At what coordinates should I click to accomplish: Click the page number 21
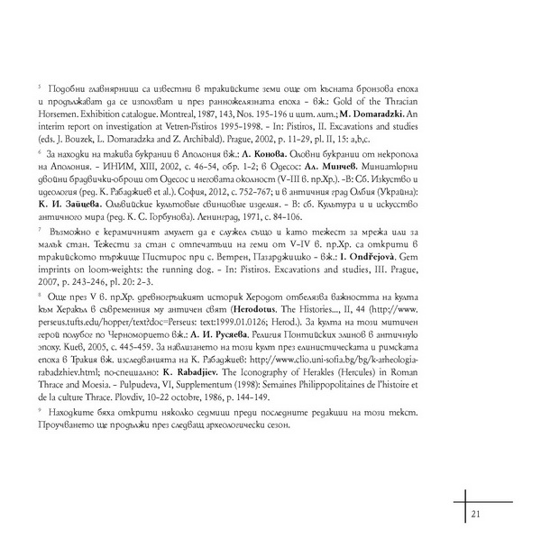click(476, 514)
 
